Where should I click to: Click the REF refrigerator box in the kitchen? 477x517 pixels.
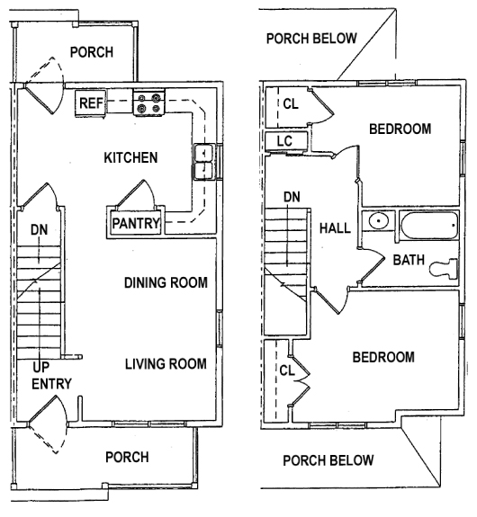tap(92, 103)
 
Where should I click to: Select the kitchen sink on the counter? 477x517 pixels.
tap(203, 162)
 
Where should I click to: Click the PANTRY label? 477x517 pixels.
tap(136, 222)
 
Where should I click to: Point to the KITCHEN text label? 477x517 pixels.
tap(130, 157)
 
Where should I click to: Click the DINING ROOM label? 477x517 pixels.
tap(166, 282)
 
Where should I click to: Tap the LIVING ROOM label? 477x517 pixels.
tap(166, 364)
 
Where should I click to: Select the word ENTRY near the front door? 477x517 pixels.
tap(51, 384)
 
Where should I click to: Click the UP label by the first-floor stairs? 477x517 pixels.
tap(41, 368)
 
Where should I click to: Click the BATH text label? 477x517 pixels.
tap(408, 260)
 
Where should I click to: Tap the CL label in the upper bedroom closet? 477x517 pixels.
tap(290, 103)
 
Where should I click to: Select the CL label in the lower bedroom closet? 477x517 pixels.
tap(287, 369)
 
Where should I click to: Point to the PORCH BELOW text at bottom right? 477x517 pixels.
tap(328, 461)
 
